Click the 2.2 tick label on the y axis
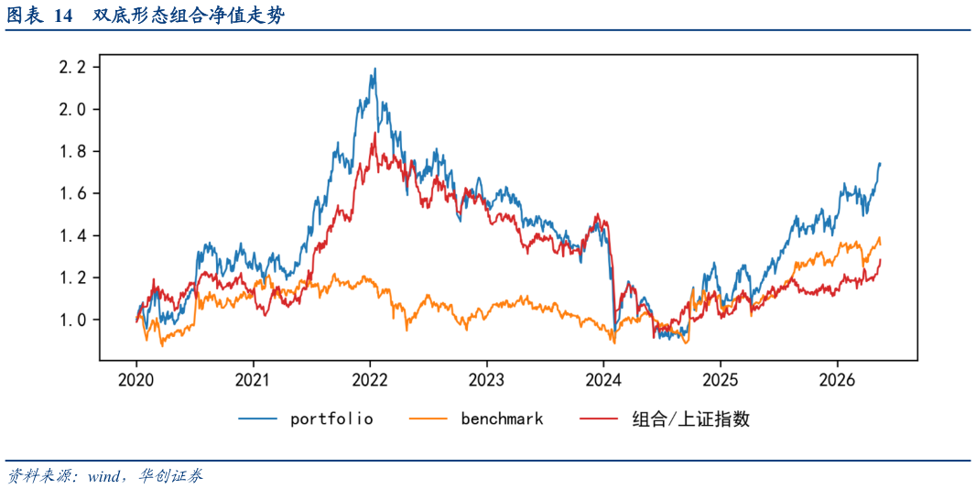(75, 67)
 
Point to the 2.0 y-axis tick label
(75, 110)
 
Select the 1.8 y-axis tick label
(75, 151)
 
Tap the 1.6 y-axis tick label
(75, 194)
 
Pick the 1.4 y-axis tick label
(75, 236)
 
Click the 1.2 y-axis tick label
(75, 277)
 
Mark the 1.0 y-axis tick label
(75, 321)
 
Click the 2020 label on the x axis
(136, 379)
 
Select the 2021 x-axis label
(254, 379)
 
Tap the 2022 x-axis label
(370, 379)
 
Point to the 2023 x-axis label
(487, 379)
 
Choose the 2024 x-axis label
(603, 379)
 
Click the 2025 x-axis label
(721, 379)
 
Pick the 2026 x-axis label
(837, 379)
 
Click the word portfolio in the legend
(331, 419)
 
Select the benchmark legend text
(503, 419)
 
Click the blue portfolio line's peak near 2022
(374, 69)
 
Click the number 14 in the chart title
(64, 17)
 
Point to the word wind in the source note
(105, 477)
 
